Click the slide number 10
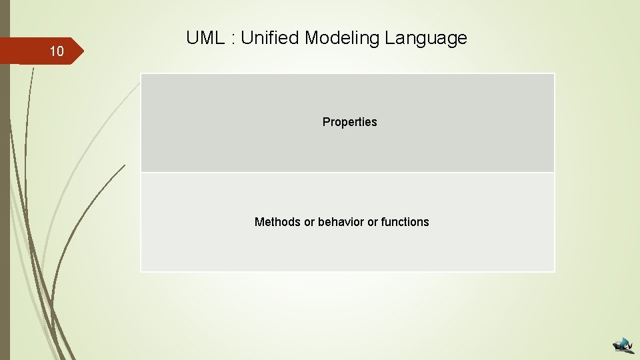[57, 52]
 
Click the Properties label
[349, 122]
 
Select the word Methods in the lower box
[277, 222]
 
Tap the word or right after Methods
[309, 222]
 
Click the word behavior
[342, 222]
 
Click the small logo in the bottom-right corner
[623, 345]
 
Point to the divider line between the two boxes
[347, 173]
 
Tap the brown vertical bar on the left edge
[5, 200]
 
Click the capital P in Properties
[326, 122]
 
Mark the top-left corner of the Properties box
[141, 74]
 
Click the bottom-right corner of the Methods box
[554, 271]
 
